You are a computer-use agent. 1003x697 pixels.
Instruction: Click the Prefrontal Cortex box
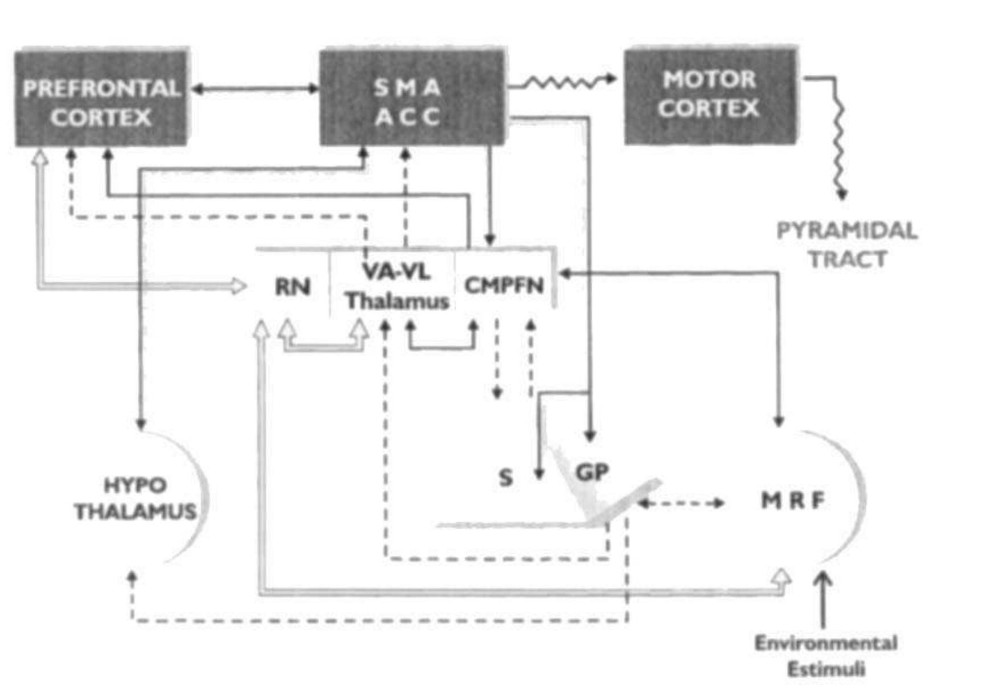(101, 97)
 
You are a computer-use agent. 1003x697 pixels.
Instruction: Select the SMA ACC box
(411, 97)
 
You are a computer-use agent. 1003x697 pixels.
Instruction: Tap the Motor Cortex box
(710, 95)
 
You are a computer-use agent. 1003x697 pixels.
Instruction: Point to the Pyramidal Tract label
(848, 244)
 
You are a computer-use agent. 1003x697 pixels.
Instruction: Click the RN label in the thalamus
(292, 287)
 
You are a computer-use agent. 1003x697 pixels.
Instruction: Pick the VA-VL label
(396, 272)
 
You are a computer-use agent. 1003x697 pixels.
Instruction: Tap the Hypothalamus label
(135, 498)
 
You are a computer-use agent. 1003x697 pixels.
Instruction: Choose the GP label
(592, 472)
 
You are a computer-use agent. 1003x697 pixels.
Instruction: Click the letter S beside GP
(505, 477)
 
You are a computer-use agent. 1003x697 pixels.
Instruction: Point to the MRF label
(793, 501)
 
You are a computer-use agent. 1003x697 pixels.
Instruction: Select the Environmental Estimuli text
(826, 655)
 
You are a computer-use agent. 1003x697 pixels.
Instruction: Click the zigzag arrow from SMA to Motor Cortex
(563, 82)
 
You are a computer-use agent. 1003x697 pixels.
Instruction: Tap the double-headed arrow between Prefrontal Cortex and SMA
(255, 88)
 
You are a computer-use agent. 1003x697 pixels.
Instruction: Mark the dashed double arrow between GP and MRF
(681, 503)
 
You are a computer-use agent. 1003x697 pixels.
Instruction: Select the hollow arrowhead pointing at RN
(239, 285)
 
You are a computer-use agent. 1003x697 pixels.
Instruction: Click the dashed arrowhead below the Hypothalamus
(132, 578)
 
